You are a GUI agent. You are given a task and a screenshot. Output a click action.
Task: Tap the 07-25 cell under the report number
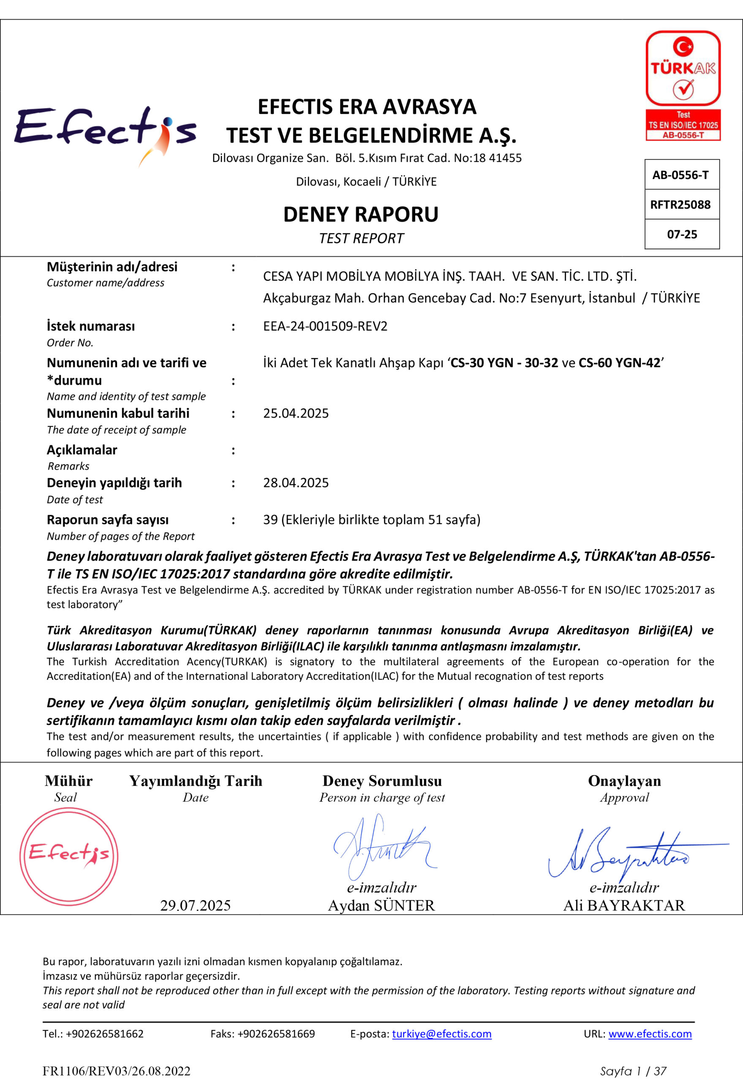pyautogui.click(x=682, y=234)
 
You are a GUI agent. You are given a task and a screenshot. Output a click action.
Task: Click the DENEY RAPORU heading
pyautogui.click(x=361, y=215)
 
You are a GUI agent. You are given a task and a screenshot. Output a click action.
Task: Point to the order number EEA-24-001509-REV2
pyautogui.click(x=325, y=326)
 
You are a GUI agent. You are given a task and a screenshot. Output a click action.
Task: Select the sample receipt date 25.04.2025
pyautogui.click(x=296, y=413)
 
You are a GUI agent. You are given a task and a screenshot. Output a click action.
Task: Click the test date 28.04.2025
pyautogui.click(x=296, y=483)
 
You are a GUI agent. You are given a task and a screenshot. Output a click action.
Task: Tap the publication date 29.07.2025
pyautogui.click(x=195, y=905)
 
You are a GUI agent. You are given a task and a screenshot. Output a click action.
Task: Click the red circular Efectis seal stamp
pyautogui.click(x=69, y=855)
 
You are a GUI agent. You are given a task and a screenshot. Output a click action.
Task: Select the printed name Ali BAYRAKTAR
pyautogui.click(x=624, y=905)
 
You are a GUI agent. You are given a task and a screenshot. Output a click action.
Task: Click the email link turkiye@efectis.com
pyautogui.click(x=441, y=1033)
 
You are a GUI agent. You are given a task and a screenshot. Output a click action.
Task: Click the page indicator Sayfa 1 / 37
pyautogui.click(x=633, y=1071)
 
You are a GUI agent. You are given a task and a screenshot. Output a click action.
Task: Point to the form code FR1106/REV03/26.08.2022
pyautogui.click(x=117, y=1071)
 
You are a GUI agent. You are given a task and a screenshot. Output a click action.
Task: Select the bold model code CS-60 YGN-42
pyautogui.click(x=619, y=363)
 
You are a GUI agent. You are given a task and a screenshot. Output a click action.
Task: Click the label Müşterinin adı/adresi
pyautogui.click(x=112, y=267)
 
